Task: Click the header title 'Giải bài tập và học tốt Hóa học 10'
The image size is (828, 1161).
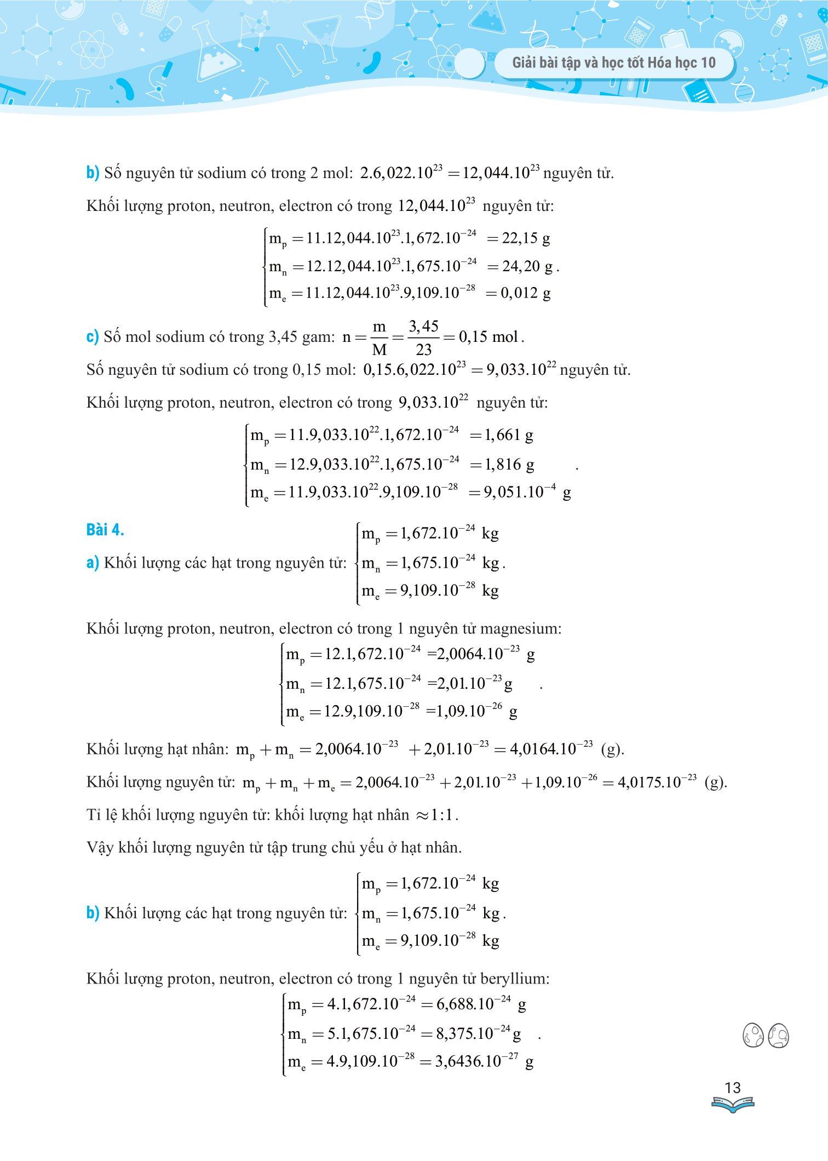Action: [x=614, y=63]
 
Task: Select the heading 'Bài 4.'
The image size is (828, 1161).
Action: [x=105, y=530]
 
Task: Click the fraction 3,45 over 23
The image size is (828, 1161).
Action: [x=423, y=338]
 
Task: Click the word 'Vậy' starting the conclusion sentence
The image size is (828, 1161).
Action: [x=99, y=848]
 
